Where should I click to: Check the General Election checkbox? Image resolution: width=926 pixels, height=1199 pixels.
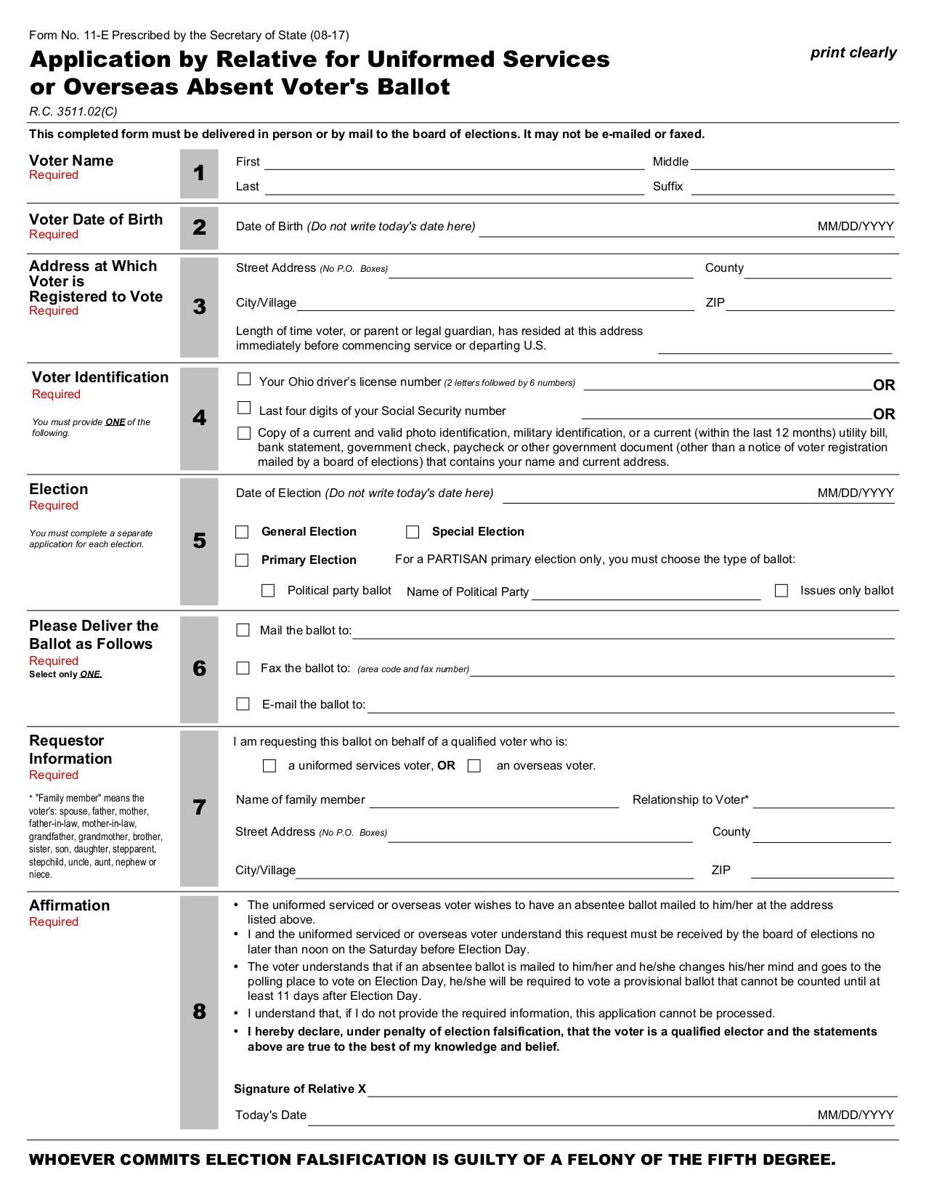tap(243, 532)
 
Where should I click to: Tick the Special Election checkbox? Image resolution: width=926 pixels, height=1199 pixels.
tap(413, 532)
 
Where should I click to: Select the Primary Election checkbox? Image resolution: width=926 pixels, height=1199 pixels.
tap(243, 560)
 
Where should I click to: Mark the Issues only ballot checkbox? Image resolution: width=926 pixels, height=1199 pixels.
tap(781, 591)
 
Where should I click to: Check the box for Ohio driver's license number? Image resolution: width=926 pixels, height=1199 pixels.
tap(244, 379)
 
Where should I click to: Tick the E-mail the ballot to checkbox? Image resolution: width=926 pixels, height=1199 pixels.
tap(243, 704)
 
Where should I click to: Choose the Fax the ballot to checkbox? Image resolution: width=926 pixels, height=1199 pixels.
tap(243, 668)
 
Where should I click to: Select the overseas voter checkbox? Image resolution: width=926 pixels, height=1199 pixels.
tap(474, 766)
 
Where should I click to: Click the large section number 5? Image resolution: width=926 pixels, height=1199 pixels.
tap(199, 541)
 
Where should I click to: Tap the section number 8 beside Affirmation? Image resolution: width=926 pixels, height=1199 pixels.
tap(199, 1012)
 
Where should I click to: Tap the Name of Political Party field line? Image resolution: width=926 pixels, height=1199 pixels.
tap(646, 593)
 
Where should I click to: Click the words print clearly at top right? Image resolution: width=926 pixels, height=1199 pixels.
tap(853, 52)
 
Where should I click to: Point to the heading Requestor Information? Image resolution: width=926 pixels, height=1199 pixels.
tap(70, 749)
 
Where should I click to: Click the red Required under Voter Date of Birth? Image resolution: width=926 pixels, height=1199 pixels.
tap(54, 234)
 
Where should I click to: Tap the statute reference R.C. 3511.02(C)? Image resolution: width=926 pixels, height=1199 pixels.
tap(73, 111)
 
